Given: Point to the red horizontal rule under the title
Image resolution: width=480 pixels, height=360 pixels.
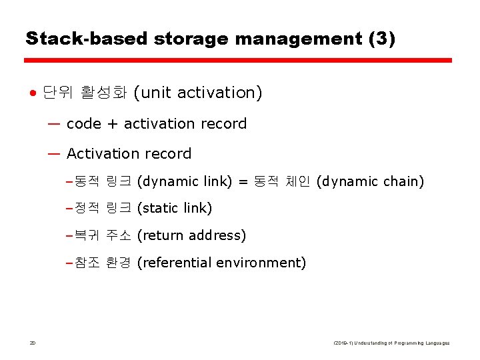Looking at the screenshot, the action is click(238, 60).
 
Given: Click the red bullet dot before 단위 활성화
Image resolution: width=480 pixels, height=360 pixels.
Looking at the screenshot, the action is click(32, 93).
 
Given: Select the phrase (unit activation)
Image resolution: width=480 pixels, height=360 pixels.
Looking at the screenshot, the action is click(198, 93).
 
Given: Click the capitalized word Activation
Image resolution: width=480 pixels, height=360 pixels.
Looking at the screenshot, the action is click(101, 154).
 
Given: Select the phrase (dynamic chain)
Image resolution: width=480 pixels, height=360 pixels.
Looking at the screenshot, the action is click(370, 181).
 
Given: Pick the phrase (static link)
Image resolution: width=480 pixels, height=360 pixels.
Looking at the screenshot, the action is click(174, 209).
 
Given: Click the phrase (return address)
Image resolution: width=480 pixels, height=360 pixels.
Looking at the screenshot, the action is click(191, 235).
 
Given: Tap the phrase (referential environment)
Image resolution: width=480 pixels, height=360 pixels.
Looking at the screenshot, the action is click(221, 263).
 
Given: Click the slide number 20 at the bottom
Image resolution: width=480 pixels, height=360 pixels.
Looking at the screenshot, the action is click(32, 343).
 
